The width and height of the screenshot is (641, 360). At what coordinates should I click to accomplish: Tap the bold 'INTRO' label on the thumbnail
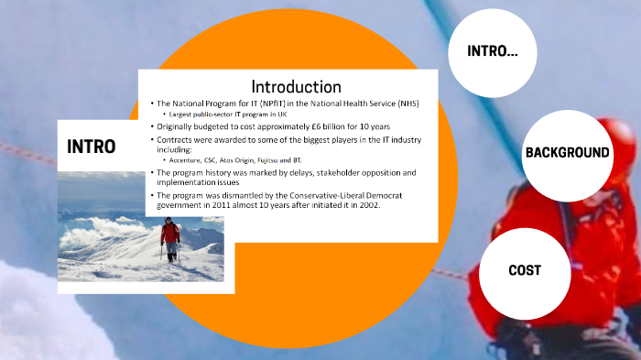[x=92, y=146]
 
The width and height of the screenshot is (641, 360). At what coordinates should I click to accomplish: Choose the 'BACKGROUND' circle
[x=567, y=152]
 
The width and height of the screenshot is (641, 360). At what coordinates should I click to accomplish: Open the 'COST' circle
[x=525, y=270]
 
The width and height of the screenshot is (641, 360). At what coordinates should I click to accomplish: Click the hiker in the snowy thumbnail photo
[x=169, y=237]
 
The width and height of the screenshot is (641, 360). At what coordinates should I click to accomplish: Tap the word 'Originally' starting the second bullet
[x=180, y=125]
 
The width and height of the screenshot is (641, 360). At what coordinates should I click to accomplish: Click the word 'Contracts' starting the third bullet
[x=179, y=139]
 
